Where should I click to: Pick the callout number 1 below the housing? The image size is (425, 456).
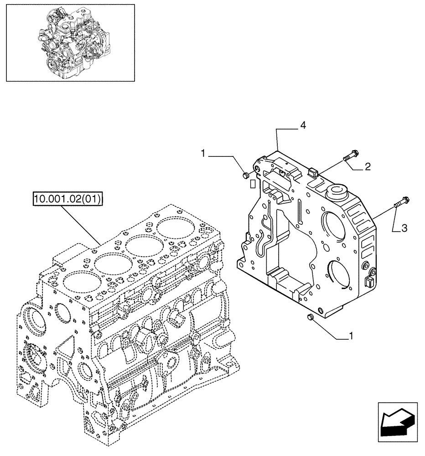(x=351, y=337)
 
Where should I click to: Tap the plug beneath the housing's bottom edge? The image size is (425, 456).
(x=311, y=316)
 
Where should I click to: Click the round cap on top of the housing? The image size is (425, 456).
(x=339, y=190)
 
